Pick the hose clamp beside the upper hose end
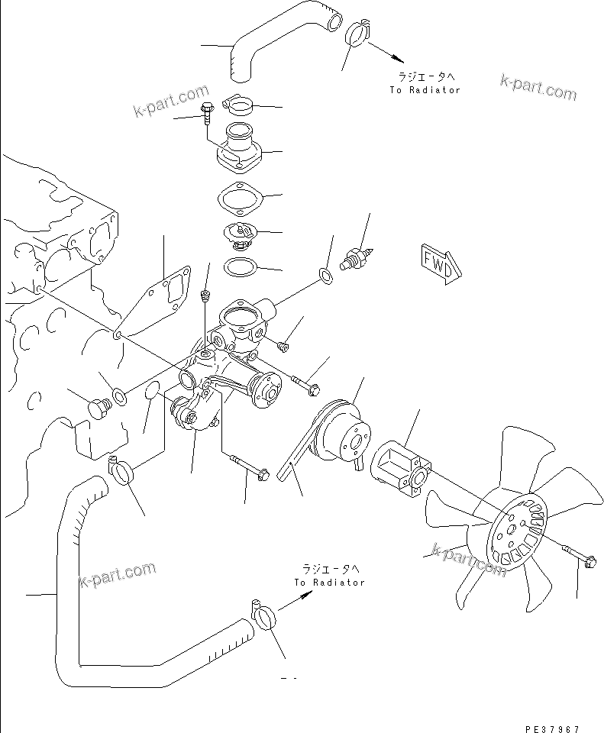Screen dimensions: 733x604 [357, 35]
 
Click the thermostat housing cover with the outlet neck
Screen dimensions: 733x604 [239, 144]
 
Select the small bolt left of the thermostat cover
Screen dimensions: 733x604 [207, 115]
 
